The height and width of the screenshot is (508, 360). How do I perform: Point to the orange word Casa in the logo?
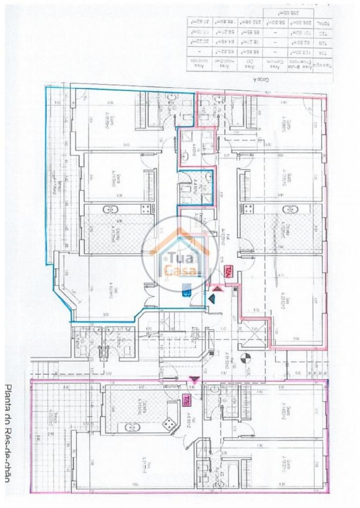click(x=174, y=269)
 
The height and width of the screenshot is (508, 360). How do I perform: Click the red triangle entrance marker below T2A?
click(x=217, y=288)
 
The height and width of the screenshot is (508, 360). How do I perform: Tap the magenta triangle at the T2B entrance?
click(x=193, y=379)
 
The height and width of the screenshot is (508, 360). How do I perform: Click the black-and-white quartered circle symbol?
click(x=246, y=358)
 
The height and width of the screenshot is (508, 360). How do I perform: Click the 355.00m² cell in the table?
click(x=278, y=13)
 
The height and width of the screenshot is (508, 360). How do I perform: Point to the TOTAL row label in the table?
click(x=322, y=24)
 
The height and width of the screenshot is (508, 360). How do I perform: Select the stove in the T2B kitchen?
click(x=170, y=422)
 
